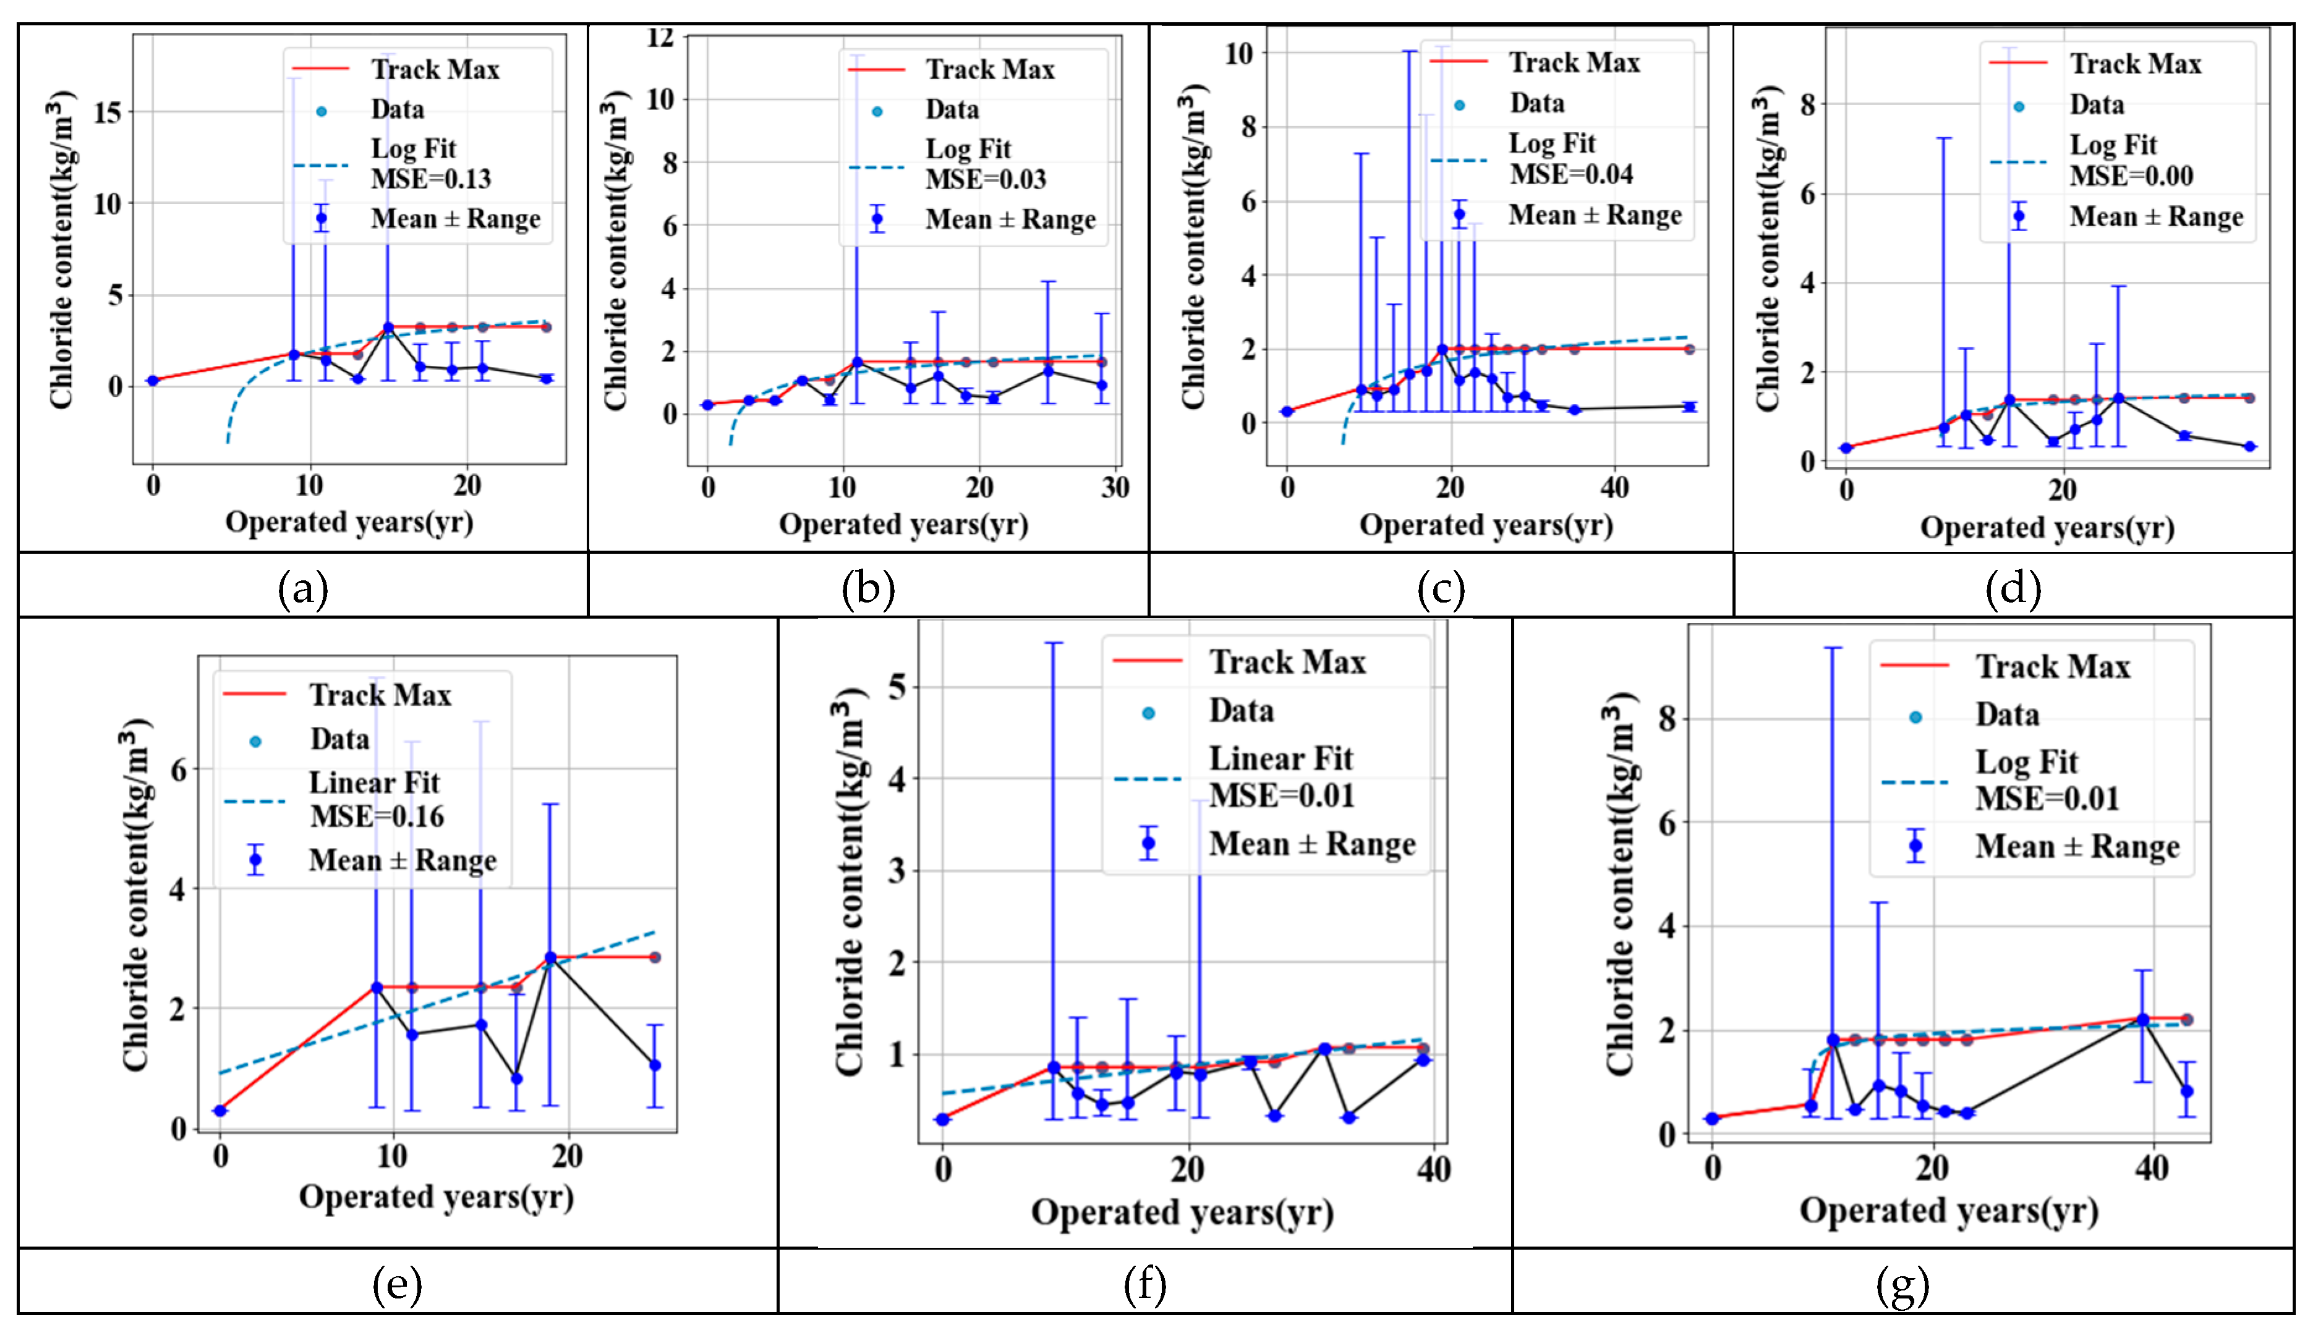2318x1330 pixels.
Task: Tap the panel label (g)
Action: point(1903,1286)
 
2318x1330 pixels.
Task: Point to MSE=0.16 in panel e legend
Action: point(377,816)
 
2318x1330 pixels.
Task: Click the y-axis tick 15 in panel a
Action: point(107,112)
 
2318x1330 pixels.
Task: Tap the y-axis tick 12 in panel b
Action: point(660,38)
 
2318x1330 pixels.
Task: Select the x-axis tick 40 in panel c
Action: point(1614,488)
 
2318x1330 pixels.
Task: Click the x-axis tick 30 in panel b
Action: point(1115,488)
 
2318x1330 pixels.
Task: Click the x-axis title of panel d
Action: point(2047,527)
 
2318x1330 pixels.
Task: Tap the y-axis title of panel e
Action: point(135,894)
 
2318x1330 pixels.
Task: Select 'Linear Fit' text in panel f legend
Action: point(1281,758)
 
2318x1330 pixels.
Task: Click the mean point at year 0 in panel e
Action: point(220,1110)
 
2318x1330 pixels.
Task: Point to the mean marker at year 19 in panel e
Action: point(550,957)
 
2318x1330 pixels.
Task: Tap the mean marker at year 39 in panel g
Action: point(2142,1019)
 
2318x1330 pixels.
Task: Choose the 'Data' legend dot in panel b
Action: point(877,111)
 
